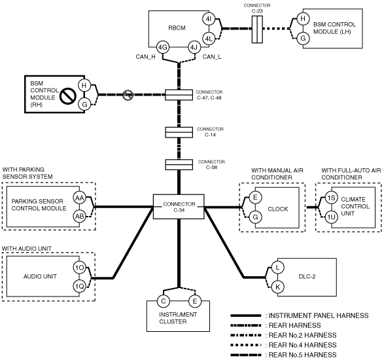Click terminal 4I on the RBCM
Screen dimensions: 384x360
pos(209,19)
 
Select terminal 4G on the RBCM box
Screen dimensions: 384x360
pos(163,47)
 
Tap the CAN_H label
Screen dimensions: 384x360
pos(145,57)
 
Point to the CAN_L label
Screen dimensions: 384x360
pos(212,57)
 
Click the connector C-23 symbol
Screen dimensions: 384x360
pos(257,29)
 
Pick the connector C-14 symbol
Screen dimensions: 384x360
pos(179,132)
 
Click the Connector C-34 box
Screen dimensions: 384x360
pos(179,207)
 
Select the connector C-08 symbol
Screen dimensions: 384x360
pos(179,165)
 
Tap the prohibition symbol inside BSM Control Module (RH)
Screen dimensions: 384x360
pos(67,96)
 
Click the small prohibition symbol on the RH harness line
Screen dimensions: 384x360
pos(128,95)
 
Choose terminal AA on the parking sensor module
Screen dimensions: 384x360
pos(79,198)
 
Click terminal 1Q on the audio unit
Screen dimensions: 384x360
pos(80,286)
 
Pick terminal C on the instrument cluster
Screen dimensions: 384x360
pos(164,301)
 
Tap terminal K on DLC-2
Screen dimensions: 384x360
pos(278,287)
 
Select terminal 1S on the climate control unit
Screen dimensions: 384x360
pos(332,198)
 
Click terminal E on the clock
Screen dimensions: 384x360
pos(255,197)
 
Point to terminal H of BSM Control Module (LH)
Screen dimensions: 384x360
pos(303,18)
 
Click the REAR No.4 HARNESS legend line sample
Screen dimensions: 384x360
pos(246,346)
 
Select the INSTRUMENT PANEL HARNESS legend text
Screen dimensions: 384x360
pos(319,315)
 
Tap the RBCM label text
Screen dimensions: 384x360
pos(177,28)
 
